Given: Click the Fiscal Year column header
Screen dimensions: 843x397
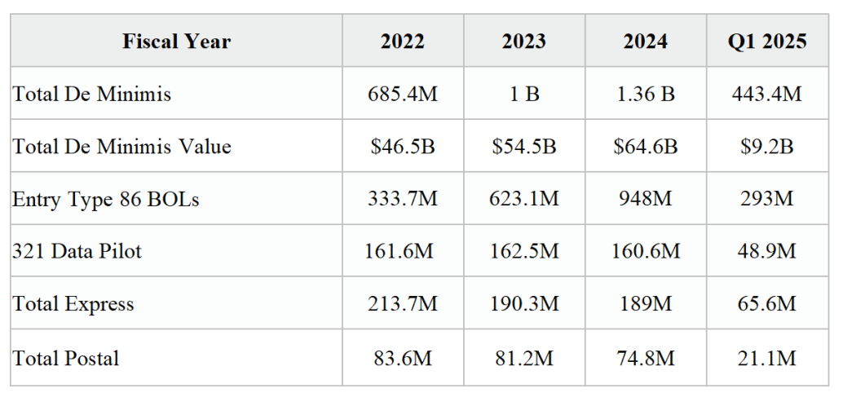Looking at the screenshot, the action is pos(176,42).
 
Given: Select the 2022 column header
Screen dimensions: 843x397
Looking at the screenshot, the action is pos(403,42).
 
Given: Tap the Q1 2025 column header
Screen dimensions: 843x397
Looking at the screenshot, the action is pos(767,42).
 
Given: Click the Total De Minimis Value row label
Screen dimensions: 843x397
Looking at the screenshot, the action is pos(122,146).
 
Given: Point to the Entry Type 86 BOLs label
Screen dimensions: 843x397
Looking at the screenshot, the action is pos(106,199).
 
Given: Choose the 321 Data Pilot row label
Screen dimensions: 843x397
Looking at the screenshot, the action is pos(77,251).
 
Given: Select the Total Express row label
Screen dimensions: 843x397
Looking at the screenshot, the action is pos(73,303).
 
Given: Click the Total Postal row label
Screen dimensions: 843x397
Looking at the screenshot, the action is pos(65,358).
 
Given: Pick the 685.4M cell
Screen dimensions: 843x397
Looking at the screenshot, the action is pos(403,94).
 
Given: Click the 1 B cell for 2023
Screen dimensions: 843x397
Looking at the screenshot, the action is pos(524,94).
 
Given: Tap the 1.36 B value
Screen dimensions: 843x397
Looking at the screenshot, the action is pos(646,94).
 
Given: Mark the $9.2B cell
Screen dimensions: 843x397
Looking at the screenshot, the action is pos(767,146).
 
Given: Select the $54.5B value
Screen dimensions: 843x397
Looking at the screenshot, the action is pos(524,146).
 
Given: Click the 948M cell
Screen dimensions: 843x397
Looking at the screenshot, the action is pos(646,199).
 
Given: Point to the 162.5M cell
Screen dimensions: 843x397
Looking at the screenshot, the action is pos(524,251).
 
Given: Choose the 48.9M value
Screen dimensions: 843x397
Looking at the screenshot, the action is pos(767,251).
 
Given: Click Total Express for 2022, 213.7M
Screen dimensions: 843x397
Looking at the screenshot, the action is pos(403,303).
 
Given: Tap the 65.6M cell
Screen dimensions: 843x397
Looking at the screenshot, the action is pos(767,303).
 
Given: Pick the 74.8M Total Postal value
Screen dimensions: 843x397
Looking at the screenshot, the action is pos(646,358).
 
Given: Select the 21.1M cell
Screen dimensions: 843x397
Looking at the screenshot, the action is pos(767,358).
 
